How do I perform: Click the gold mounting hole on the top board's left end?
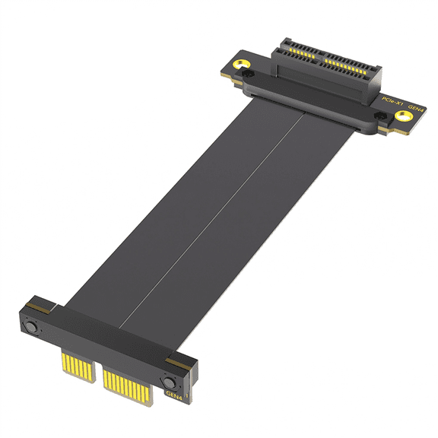coord(242,65)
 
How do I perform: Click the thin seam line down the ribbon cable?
coord(228,213)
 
